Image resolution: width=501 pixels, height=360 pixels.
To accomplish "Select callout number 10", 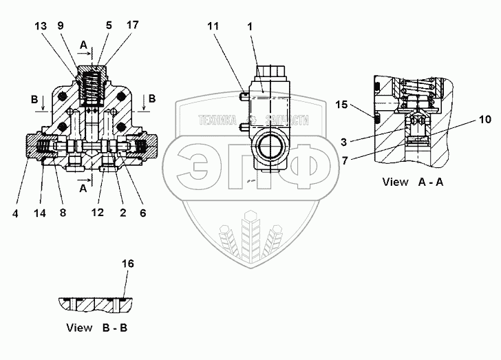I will (477, 119).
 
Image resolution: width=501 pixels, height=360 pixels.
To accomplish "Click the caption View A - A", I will (405, 183).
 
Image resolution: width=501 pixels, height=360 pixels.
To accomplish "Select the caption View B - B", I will (96, 328).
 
